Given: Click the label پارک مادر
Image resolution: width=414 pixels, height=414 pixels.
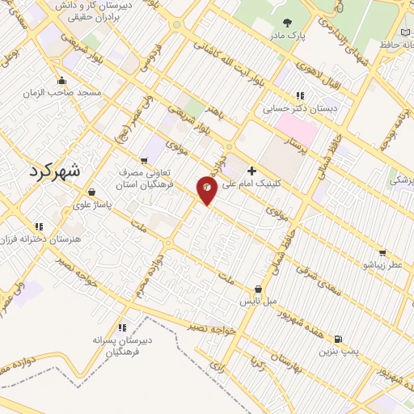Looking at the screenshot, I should (289, 36).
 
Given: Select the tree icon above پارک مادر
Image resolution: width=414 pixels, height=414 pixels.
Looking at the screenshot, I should (289, 23).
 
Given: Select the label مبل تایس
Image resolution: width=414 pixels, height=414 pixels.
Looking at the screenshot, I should (258, 301).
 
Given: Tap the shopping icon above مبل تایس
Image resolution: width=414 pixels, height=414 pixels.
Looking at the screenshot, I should (258, 289).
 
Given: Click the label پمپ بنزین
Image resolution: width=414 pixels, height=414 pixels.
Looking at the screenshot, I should (337, 352).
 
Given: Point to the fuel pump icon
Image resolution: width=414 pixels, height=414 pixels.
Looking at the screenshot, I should (337, 340).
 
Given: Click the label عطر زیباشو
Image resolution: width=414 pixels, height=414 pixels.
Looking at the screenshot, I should (382, 264).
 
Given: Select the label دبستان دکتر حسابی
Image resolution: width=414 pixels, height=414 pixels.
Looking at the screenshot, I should (300, 107).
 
